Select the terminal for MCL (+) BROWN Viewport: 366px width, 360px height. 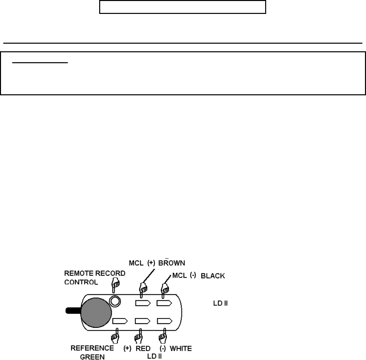click(143, 303)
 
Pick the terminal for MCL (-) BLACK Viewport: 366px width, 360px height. click(164, 303)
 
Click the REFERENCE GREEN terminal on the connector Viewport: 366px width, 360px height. click(120, 321)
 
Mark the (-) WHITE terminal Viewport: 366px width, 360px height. click(164, 321)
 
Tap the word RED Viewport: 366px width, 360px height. click(143, 348)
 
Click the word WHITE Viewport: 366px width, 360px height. click(181, 348)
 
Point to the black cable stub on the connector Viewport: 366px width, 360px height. click(72, 311)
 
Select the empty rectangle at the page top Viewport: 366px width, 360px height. click(183, 7)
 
